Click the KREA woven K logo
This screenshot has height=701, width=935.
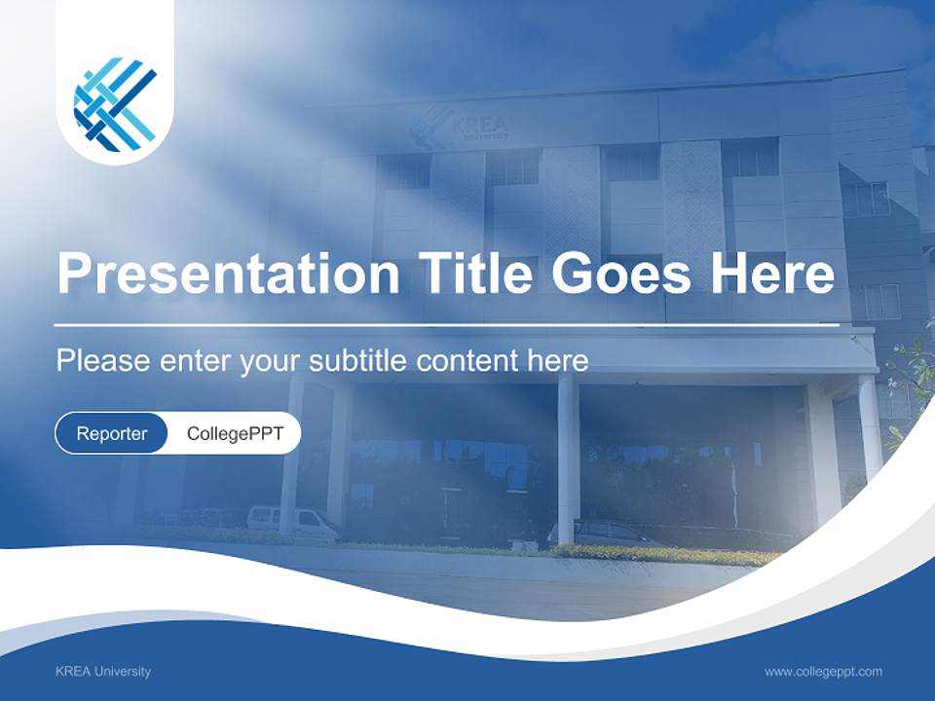(x=115, y=104)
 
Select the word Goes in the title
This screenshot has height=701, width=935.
(x=619, y=274)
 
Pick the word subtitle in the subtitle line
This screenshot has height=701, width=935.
(x=358, y=361)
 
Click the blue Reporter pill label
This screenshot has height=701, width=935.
(x=112, y=433)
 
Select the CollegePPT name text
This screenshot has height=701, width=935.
(x=235, y=433)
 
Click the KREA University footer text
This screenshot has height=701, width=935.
(x=103, y=671)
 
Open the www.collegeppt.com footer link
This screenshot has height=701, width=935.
(x=823, y=671)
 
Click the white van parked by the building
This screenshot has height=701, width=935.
(x=292, y=522)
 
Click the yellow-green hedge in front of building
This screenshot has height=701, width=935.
(x=662, y=555)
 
